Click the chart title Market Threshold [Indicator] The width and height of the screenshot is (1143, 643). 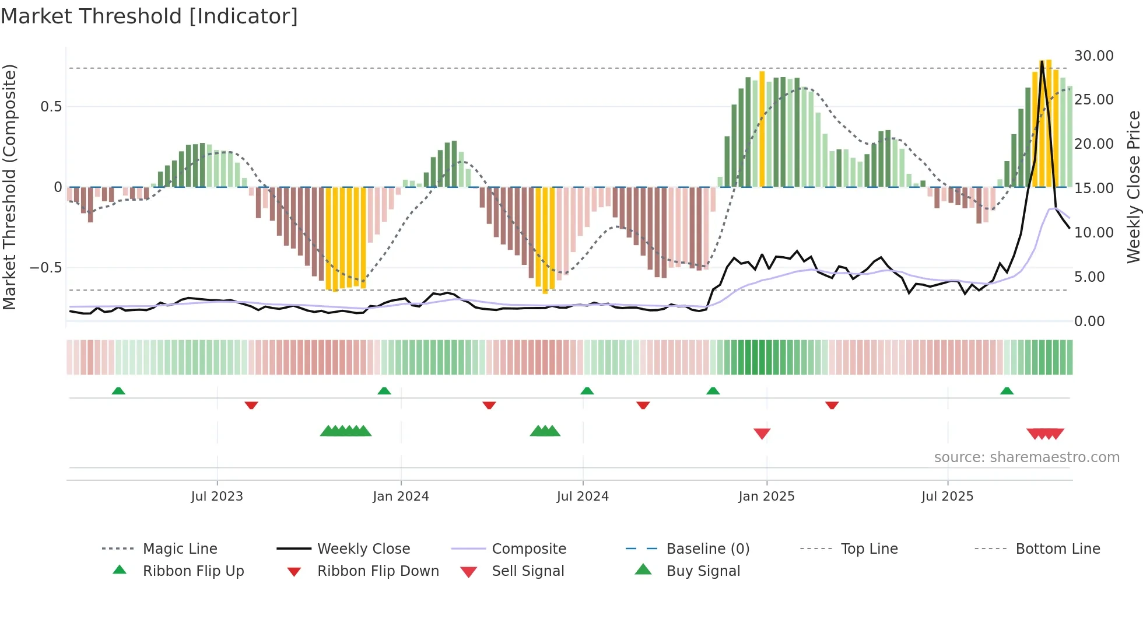point(149,16)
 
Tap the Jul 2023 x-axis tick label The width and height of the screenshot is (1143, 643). point(217,497)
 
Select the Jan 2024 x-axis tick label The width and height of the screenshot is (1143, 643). point(401,497)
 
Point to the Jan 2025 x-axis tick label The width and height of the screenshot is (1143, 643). point(766,497)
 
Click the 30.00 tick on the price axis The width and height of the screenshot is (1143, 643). point(1093,56)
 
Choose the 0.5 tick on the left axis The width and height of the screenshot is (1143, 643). point(51,107)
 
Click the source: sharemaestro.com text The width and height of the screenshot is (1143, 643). point(1026,457)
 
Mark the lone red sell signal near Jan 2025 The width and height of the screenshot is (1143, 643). point(762,434)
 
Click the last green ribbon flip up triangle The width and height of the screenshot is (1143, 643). point(1007,391)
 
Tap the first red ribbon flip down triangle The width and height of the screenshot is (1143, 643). point(251,405)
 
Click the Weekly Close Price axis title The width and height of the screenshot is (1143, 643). point(1133,187)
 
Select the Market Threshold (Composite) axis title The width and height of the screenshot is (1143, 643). point(9,187)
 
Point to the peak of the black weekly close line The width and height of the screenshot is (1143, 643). point(1042,61)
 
